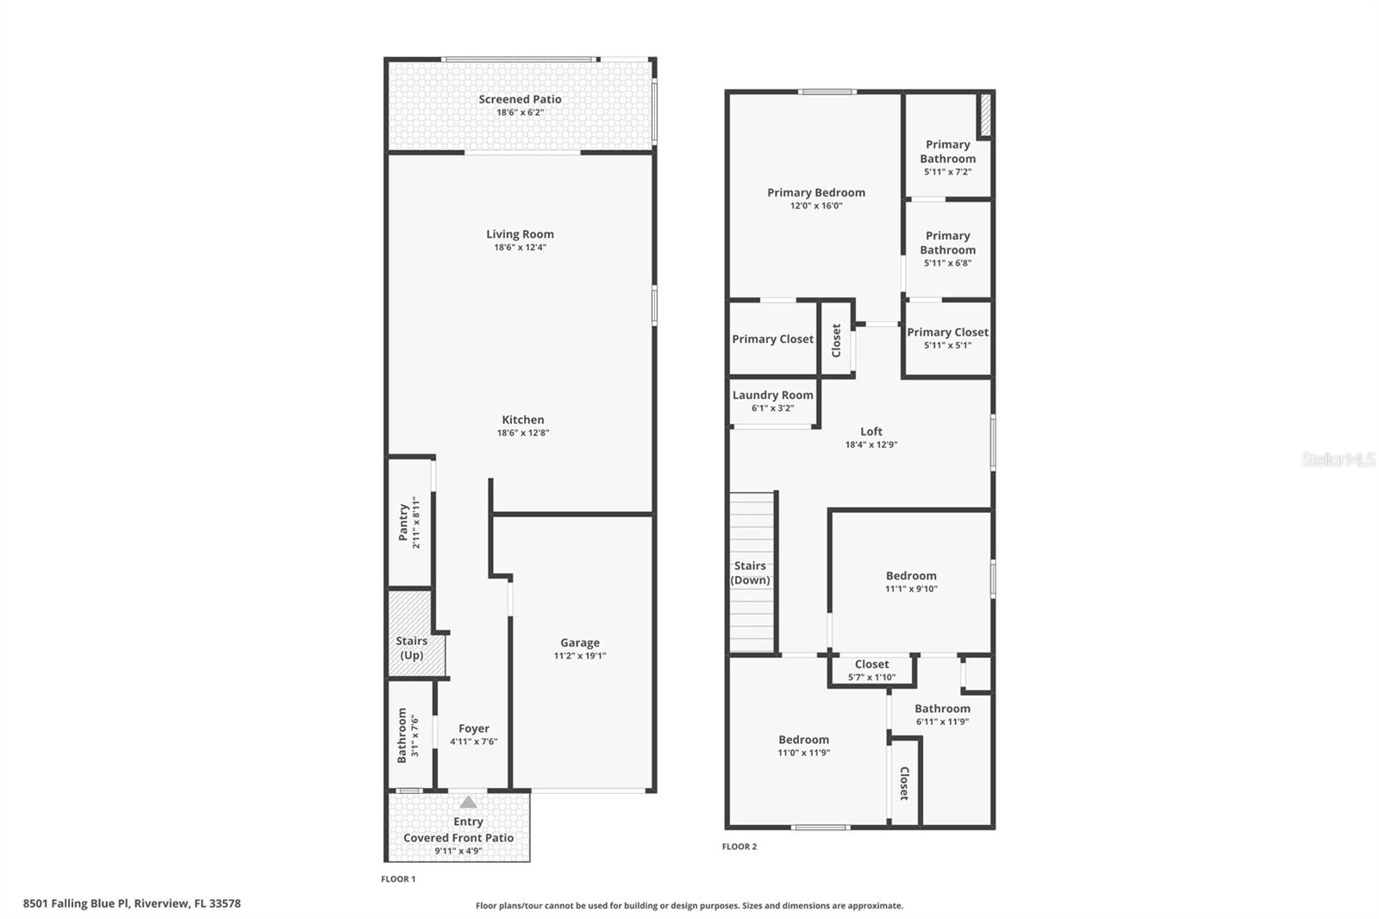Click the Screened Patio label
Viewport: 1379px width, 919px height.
point(520,99)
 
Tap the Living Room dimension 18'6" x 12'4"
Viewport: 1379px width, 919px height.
point(520,247)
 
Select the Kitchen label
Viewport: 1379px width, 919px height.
point(522,420)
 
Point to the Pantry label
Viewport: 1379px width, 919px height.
point(402,522)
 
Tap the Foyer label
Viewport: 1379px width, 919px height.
point(473,728)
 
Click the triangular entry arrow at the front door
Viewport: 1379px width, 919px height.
point(468,802)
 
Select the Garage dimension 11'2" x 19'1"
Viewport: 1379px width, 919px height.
point(579,656)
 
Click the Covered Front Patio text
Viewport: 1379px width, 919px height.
point(459,838)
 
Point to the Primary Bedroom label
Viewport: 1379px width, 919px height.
point(816,192)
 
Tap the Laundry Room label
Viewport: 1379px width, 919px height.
point(772,395)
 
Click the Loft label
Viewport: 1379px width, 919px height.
point(871,431)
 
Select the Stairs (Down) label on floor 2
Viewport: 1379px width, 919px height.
point(750,572)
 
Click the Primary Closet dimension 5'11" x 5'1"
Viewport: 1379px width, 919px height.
point(947,345)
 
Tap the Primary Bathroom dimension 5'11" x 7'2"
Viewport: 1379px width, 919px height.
point(947,172)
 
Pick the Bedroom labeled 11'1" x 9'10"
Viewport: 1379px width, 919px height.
point(911,576)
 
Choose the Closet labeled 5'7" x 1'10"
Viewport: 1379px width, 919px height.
point(871,665)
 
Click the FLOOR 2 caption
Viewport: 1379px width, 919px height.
point(739,847)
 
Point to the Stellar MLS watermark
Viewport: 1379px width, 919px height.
point(1338,460)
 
